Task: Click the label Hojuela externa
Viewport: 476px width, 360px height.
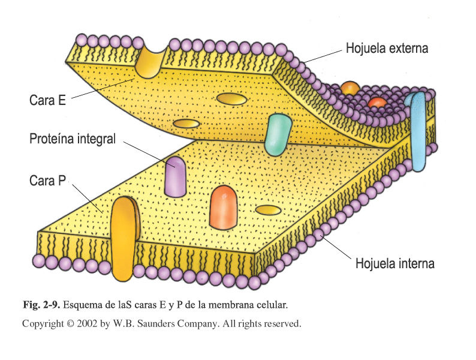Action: [x=387, y=49]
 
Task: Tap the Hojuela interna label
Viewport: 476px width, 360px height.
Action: [x=394, y=263]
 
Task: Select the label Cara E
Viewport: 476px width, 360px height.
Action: [x=47, y=100]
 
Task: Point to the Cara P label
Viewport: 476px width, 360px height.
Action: [x=47, y=180]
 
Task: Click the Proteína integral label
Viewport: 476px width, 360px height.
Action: [x=72, y=140]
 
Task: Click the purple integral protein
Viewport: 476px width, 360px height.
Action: [x=175, y=176]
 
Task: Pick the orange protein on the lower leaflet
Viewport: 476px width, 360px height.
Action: [x=224, y=207]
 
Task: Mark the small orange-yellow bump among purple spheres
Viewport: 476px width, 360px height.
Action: [x=350, y=89]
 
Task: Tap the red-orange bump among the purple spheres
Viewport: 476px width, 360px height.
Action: [x=377, y=102]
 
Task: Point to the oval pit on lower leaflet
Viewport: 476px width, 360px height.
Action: [x=267, y=210]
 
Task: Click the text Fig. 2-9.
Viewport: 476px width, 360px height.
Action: [x=41, y=304]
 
